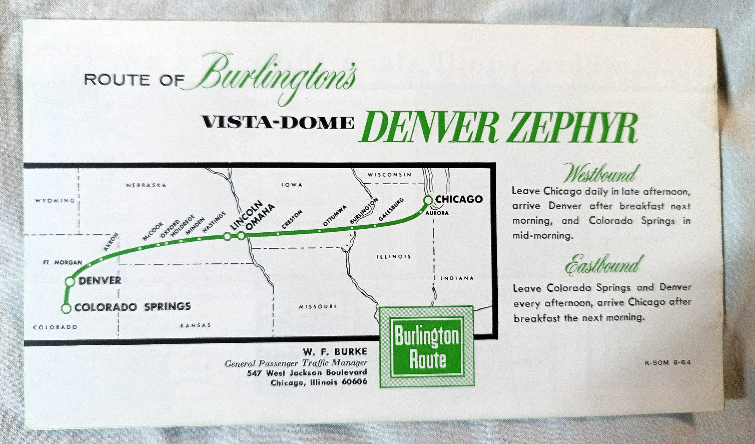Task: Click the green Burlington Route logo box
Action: pyautogui.click(x=426, y=347)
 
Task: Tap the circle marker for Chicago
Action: pyautogui.click(x=428, y=200)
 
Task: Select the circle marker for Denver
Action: pyautogui.click(x=70, y=282)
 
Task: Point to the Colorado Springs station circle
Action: pyautogui.click(x=66, y=309)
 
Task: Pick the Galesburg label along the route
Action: pyautogui.click(x=391, y=209)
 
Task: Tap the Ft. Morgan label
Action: pyautogui.click(x=62, y=263)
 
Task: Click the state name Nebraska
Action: pyautogui.click(x=146, y=185)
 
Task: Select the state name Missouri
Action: pyautogui.click(x=317, y=307)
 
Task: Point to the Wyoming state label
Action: pyautogui.click(x=55, y=200)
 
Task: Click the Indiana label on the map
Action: pyautogui.click(x=457, y=278)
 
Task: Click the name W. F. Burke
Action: pyautogui.click(x=335, y=352)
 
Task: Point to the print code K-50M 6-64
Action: pyautogui.click(x=667, y=363)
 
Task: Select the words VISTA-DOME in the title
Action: pyautogui.click(x=278, y=123)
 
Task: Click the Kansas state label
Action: pyautogui.click(x=196, y=325)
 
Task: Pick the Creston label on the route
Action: pyautogui.click(x=292, y=219)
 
